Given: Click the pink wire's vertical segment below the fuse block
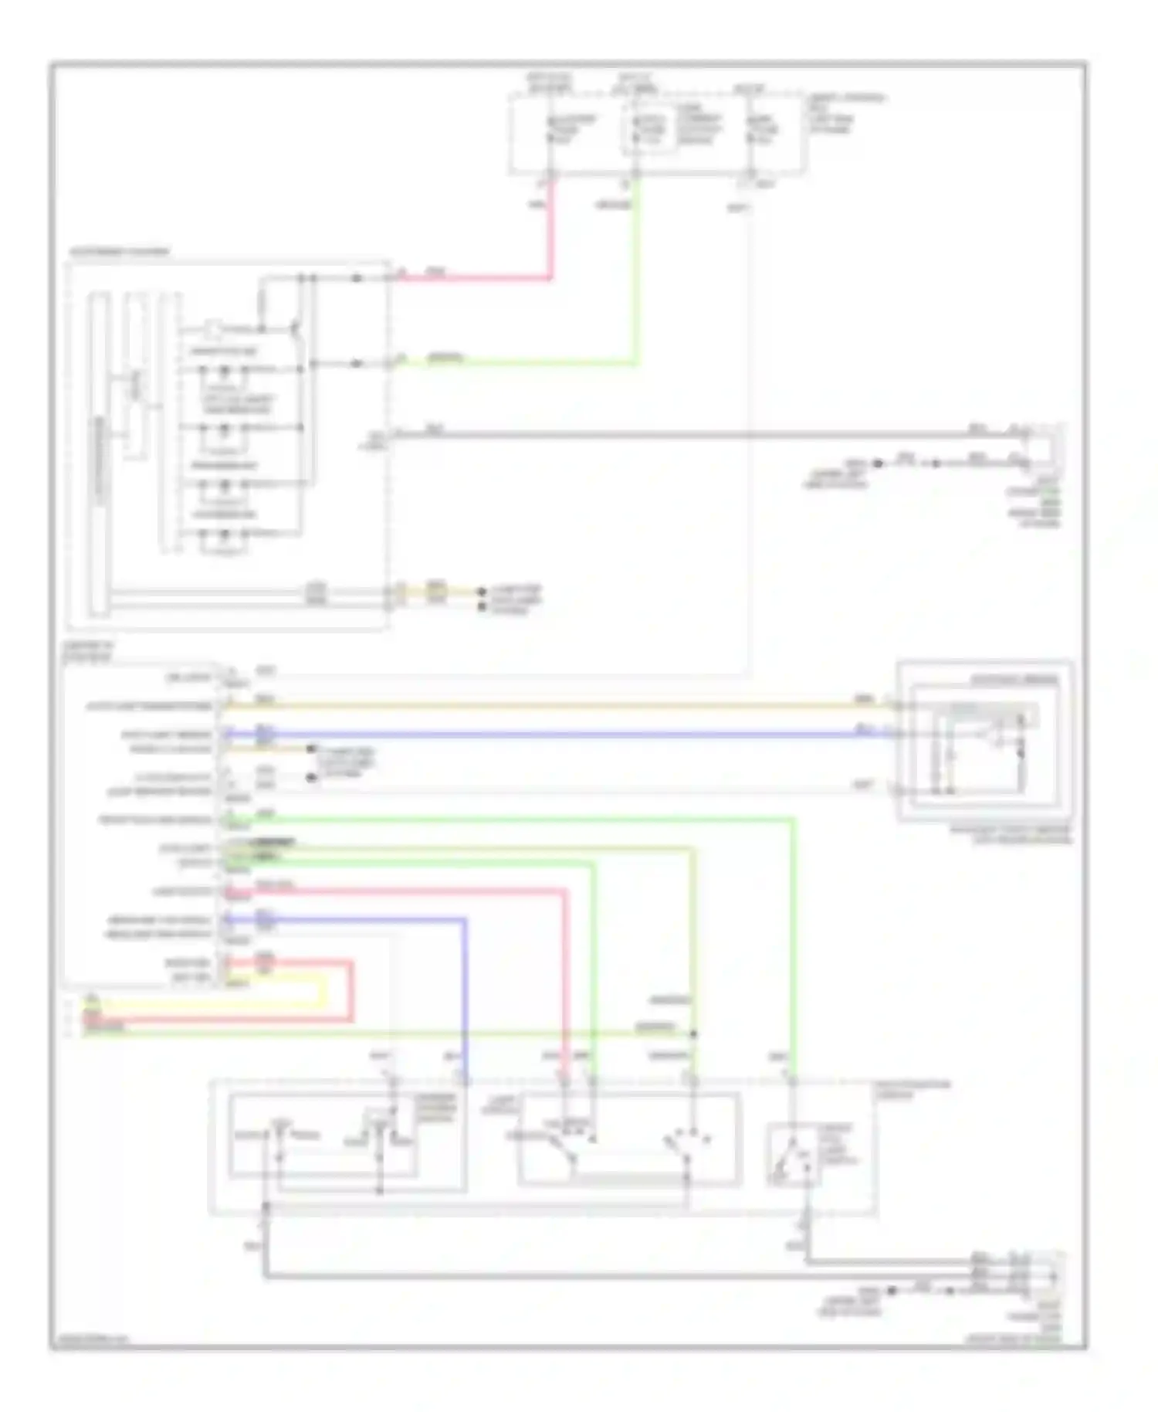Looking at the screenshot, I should point(551,232).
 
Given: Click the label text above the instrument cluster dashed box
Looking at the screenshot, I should point(119,253).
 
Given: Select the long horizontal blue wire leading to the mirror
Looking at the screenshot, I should point(556,734).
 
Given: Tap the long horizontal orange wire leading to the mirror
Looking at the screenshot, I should point(556,706).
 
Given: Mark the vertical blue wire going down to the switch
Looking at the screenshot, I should point(465,996).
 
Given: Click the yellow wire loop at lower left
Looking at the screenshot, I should point(324,993).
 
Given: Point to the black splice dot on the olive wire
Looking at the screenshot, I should point(693,1033).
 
